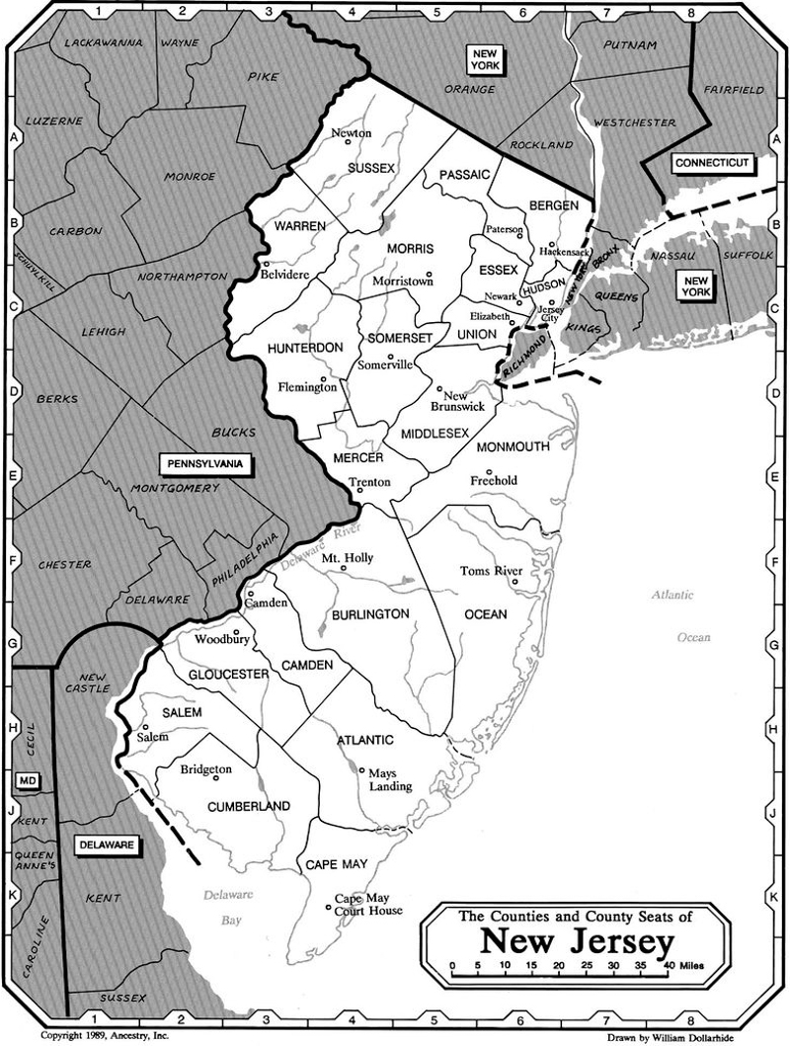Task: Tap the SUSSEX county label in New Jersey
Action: click(371, 168)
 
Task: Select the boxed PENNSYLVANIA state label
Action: click(205, 462)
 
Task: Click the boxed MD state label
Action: click(28, 781)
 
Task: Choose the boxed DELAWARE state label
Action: click(104, 845)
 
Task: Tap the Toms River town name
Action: click(491, 571)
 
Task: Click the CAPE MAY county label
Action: click(336, 864)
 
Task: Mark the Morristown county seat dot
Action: click(429, 274)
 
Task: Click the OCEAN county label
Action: click(485, 614)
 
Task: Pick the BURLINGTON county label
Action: click(371, 613)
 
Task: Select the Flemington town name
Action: click(307, 387)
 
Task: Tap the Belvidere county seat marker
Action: click(266, 264)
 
